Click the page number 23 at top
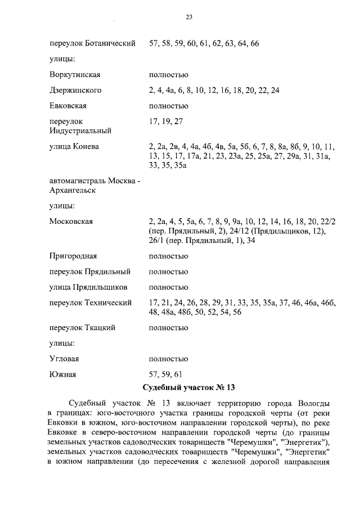click(x=190, y=17)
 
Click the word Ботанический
click(x=110, y=44)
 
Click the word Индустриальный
click(x=80, y=131)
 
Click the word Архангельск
click(x=73, y=191)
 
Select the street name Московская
click(x=71, y=222)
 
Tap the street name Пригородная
click(x=73, y=256)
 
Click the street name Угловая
click(x=64, y=359)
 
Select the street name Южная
click(x=62, y=374)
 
